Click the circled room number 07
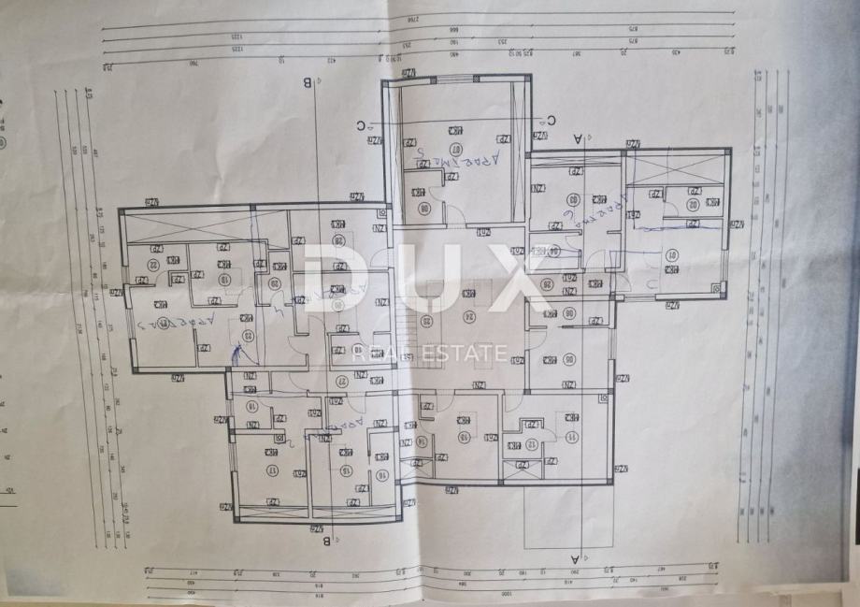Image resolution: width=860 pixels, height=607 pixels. coord(457,149)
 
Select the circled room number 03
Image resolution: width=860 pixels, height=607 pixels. coord(571,198)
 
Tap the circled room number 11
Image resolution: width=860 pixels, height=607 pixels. coord(571,435)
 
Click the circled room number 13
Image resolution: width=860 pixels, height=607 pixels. coord(464,436)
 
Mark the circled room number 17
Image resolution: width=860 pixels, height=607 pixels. coord(272,470)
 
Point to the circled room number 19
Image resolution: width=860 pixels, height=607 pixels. coord(223,278)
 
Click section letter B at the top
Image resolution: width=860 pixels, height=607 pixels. coord(307,82)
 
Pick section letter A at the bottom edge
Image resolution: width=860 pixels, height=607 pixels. coord(574,558)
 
